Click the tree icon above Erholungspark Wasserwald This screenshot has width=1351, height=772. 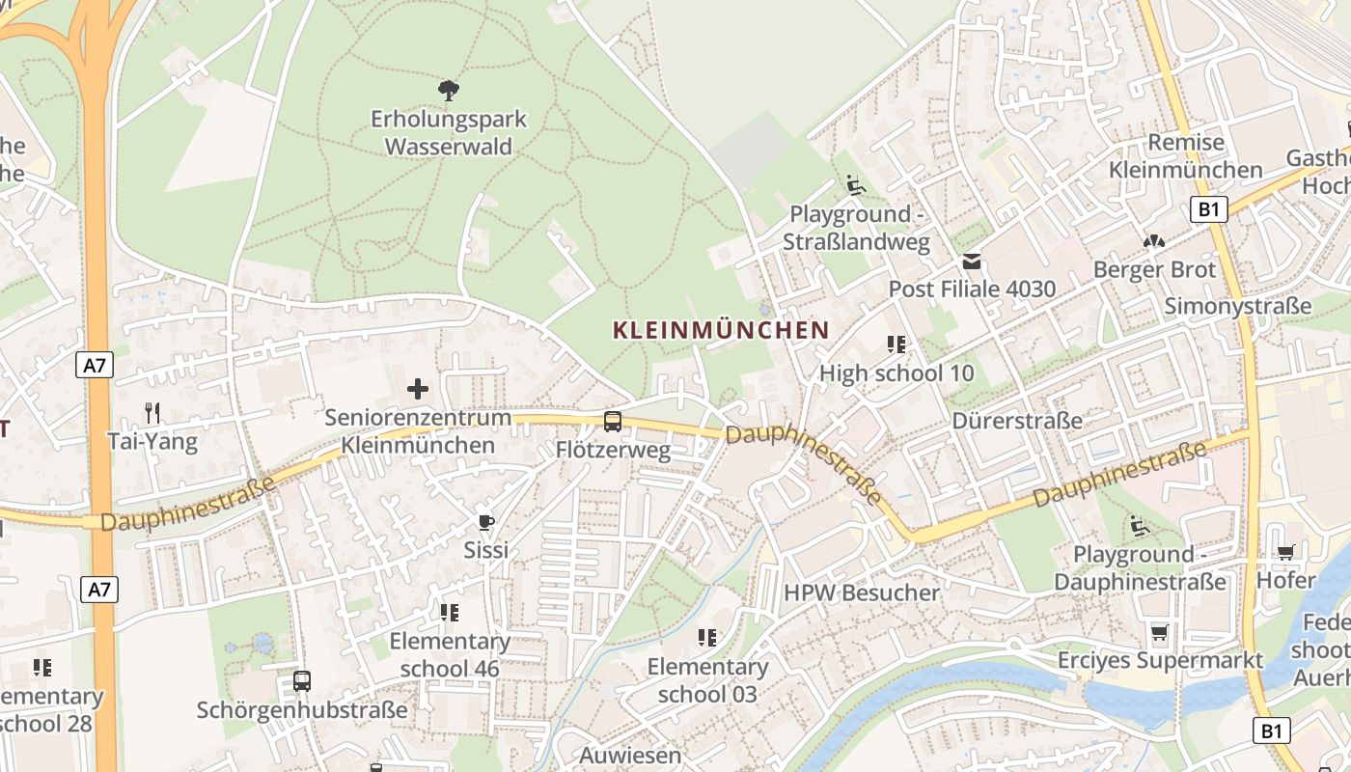448,91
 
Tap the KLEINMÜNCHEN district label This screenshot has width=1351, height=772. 721,330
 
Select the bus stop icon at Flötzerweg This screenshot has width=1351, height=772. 613,421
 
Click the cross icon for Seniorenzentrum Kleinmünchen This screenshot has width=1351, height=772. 418,389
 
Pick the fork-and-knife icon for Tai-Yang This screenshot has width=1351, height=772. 152,413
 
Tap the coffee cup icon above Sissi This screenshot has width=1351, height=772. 486,522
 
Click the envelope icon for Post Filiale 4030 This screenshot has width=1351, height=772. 972,262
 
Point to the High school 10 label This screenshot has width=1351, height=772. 896,372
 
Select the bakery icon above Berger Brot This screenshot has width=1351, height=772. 1154,241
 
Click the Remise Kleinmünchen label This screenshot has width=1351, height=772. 1186,156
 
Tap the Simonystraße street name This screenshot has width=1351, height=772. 1238,306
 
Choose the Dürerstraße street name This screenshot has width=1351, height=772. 1017,421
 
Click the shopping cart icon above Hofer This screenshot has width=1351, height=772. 1285,552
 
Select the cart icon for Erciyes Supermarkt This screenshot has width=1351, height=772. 1159,632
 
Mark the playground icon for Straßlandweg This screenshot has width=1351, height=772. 855,184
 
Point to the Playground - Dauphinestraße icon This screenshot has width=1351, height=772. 1140,526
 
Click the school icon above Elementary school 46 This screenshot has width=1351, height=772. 450,612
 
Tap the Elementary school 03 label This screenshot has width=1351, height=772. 707,680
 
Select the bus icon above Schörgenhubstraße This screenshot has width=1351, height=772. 302,681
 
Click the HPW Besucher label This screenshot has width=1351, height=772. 861,593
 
